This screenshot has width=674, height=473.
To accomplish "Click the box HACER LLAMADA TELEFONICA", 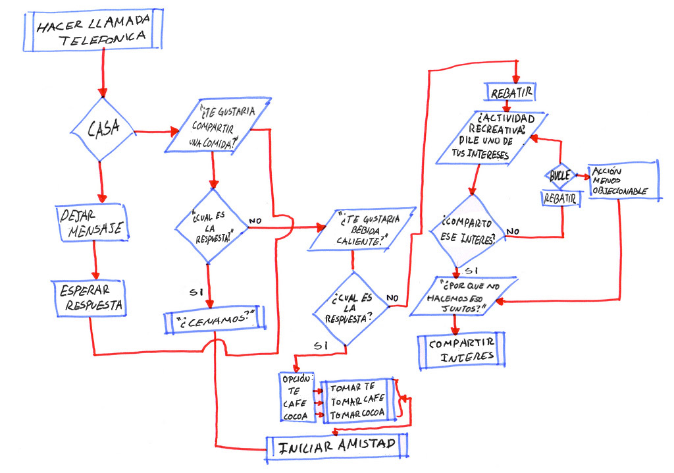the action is click(x=93, y=30).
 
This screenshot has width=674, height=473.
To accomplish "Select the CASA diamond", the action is click(x=103, y=129).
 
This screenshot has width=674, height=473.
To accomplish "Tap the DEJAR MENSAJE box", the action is click(x=92, y=223).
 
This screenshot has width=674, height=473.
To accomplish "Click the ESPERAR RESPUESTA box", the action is click(x=90, y=298).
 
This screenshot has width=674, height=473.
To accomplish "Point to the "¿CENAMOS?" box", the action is click(x=215, y=320).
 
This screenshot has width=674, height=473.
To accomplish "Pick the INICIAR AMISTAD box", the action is click(x=336, y=447).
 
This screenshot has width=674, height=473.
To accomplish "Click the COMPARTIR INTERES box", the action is click(x=461, y=350).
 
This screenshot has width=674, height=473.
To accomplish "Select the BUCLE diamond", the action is click(x=560, y=176).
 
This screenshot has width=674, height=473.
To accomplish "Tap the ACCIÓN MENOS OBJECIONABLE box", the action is click(x=623, y=181).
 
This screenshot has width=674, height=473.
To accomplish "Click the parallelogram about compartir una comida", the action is click(x=218, y=126).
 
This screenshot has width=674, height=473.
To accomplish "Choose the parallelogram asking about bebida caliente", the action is click(x=363, y=229).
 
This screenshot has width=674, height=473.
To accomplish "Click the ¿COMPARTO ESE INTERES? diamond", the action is click(x=467, y=231).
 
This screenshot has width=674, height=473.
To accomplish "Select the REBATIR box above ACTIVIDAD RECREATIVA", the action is click(x=511, y=92).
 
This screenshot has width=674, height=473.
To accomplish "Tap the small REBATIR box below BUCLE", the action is click(x=561, y=198).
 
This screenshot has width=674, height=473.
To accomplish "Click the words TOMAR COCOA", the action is click(x=357, y=414).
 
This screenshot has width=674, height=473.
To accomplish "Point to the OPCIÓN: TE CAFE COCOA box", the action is click(x=296, y=397).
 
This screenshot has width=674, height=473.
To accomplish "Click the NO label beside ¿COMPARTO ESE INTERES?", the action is click(x=512, y=231).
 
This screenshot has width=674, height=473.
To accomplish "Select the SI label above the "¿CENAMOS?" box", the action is click(x=196, y=292).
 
